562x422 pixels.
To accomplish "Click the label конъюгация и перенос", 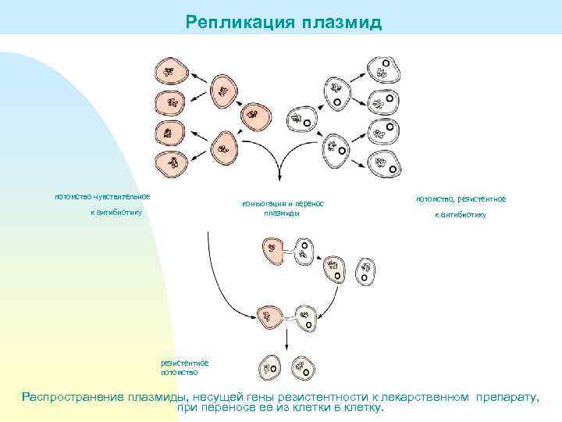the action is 283,204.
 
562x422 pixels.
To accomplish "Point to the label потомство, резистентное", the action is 461,199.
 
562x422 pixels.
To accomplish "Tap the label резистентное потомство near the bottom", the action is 184,367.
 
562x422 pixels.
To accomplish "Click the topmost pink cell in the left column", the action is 170,71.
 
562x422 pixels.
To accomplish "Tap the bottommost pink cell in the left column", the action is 170,163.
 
